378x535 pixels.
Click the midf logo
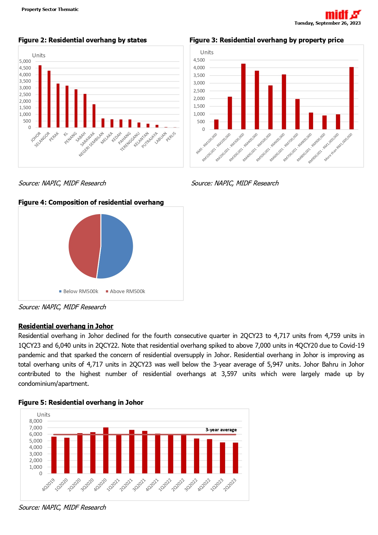343,15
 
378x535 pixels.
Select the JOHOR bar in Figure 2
40,96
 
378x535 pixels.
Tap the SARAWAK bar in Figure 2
94,116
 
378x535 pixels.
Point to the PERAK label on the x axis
54,137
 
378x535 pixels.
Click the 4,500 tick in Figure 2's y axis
25,68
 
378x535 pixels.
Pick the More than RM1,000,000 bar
352,98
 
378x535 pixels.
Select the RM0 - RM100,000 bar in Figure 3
216,124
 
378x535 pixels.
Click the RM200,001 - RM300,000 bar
243,96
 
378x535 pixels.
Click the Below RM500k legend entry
79,292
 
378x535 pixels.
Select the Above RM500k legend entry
125,292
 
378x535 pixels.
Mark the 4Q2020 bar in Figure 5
106,451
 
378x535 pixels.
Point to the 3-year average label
221,430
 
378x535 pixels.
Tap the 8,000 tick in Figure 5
36,421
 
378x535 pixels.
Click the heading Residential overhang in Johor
66,326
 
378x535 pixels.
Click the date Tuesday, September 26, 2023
327,23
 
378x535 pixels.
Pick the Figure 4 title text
91,203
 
